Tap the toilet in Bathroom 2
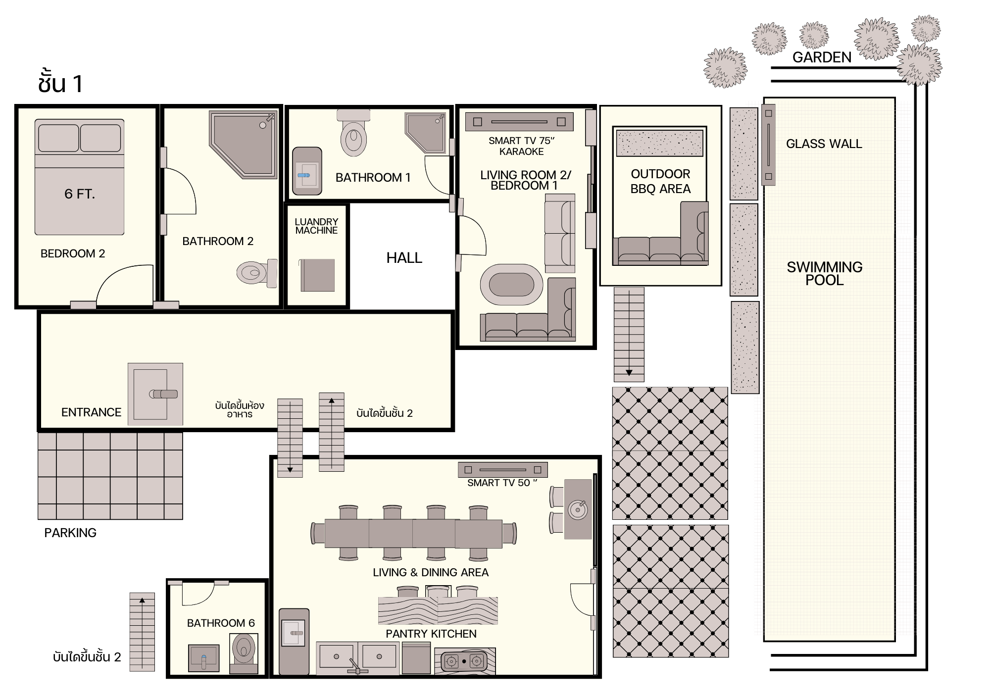[257, 273]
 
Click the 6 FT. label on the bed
[80, 194]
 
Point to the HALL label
[404, 258]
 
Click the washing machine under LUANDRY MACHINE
[317, 275]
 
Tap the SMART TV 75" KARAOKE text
[521, 146]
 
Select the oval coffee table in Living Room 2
[511, 285]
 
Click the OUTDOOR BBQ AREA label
[660, 181]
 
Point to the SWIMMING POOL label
[825, 274]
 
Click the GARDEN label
[822, 57]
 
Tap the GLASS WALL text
[824, 144]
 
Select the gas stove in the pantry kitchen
[464, 661]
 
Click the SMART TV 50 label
[502, 483]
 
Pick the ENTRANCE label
[91, 412]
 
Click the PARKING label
[70, 533]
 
